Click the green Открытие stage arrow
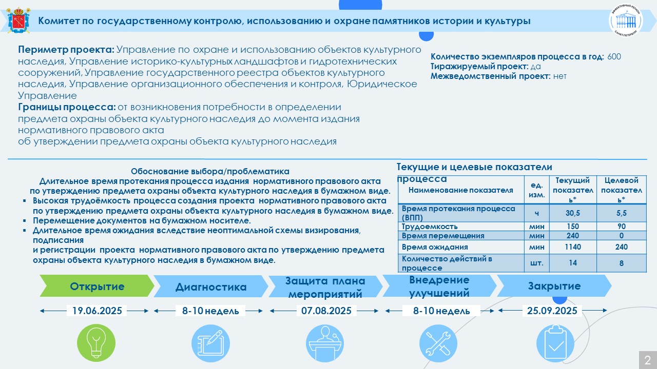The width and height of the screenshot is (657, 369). [97, 286]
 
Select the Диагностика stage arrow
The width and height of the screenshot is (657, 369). [210, 286]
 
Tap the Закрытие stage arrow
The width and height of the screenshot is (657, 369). [554, 286]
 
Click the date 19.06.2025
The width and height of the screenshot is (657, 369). [97, 311]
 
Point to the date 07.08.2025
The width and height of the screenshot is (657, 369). [326, 311]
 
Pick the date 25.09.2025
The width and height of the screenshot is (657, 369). [552, 311]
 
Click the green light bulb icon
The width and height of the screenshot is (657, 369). [96, 343]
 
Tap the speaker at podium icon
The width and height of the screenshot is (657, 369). [325, 343]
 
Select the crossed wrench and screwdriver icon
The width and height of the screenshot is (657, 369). [438, 343]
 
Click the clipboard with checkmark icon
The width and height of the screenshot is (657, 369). [555, 343]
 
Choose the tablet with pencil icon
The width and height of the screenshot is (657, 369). [210, 343]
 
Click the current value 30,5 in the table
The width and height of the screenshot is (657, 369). [572, 213]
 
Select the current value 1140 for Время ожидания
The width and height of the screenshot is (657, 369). [572, 247]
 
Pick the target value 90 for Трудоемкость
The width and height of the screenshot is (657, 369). [621, 227]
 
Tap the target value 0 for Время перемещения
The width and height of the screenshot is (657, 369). [621, 236]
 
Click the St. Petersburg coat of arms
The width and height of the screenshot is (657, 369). [18, 20]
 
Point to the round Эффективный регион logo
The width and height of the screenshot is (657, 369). [626, 20]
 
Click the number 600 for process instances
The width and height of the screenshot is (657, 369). [614, 56]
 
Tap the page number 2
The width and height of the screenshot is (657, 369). [648, 360]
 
